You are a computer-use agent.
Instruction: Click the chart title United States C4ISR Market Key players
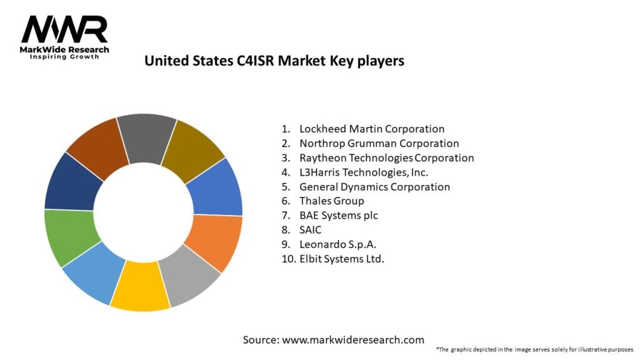pyautogui.click(x=274, y=61)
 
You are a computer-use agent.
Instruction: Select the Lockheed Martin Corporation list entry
pyautogui.click(x=372, y=129)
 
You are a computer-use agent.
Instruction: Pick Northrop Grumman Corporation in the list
pyautogui.click(x=379, y=143)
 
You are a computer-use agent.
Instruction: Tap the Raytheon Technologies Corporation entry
pyautogui.click(x=386, y=157)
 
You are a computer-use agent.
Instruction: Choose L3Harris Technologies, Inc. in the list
pyautogui.click(x=364, y=172)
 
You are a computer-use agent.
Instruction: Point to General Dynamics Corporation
pyautogui.click(x=374, y=186)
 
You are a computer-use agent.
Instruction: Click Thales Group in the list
pyautogui.click(x=331, y=201)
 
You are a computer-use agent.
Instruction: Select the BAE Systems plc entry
pyautogui.click(x=339, y=215)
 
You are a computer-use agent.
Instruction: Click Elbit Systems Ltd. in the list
pyautogui.click(x=342, y=258)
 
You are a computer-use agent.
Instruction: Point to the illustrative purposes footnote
pyautogui.click(x=534, y=349)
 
